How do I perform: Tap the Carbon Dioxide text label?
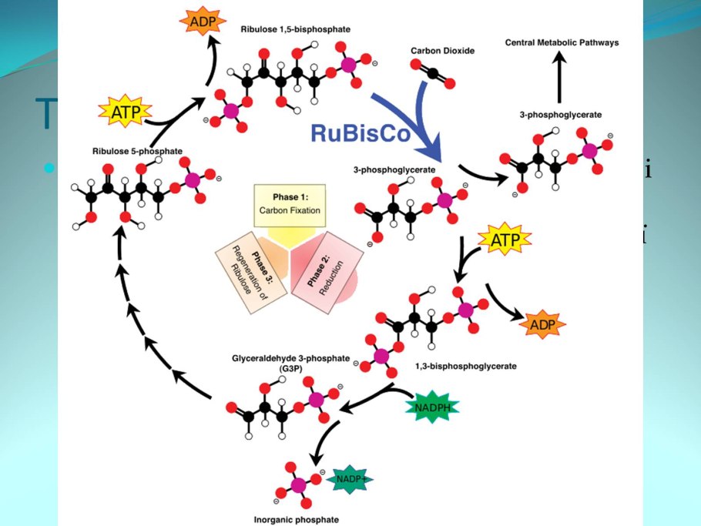(x=443, y=51)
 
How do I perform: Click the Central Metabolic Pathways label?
(x=562, y=43)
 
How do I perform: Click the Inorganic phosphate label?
(x=296, y=519)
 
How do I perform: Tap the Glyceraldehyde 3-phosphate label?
(x=290, y=363)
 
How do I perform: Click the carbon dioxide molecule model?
(x=434, y=75)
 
